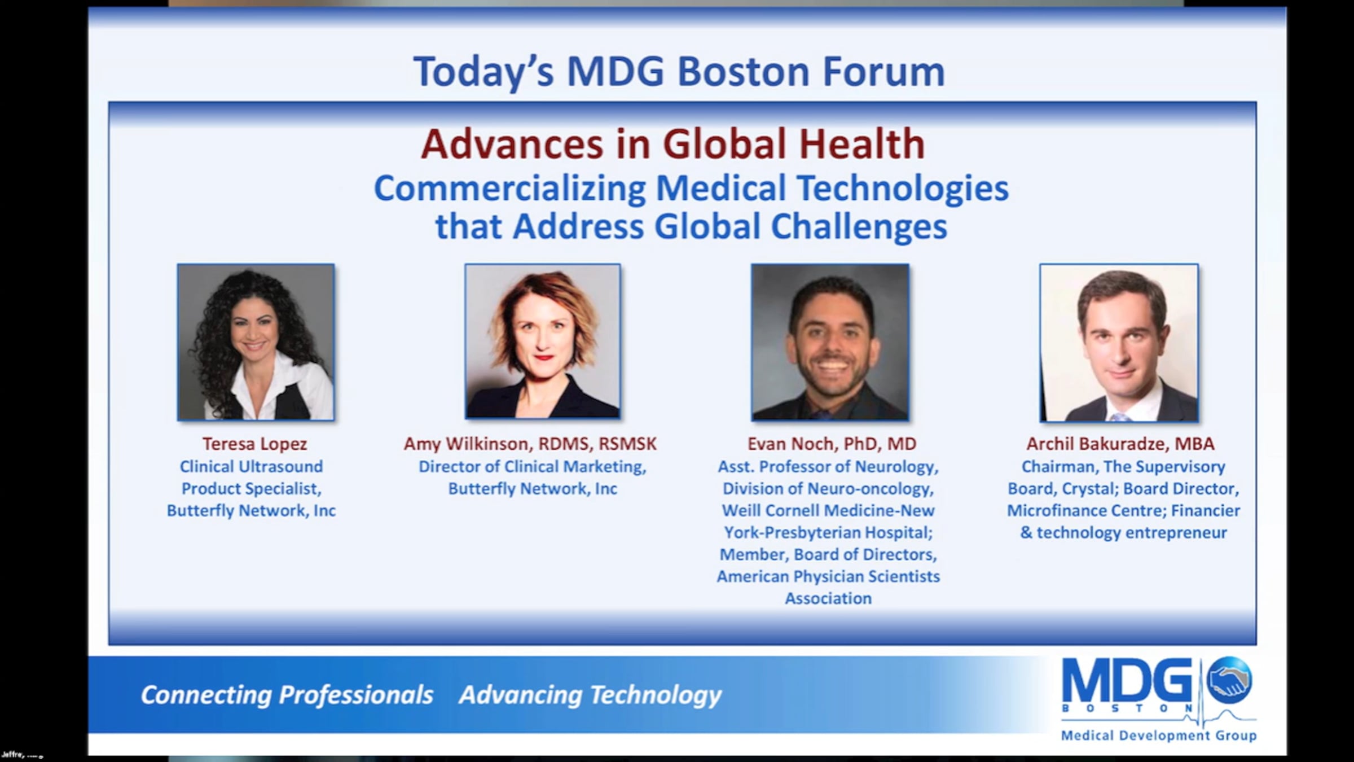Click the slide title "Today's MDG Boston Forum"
pos(679,72)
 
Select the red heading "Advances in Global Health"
pos(672,144)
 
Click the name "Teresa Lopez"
pos(255,444)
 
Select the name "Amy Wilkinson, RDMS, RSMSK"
pos(530,444)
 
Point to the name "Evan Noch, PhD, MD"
pos(832,444)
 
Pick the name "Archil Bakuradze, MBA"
pos(1120,444)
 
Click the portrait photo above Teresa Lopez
pos(256,342)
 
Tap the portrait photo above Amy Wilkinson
pos(543,341)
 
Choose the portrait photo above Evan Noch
pos(830,342)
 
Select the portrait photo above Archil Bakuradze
pos(1119,343)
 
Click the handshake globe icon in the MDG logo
pos(1229,680)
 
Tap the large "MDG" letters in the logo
pos(1127,680)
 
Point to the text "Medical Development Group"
pos(1159,735)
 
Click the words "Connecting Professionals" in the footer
pos(287,695)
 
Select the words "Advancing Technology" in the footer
pos(590,695)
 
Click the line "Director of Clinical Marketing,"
pos(532,467)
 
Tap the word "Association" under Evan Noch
pos(828,598)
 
